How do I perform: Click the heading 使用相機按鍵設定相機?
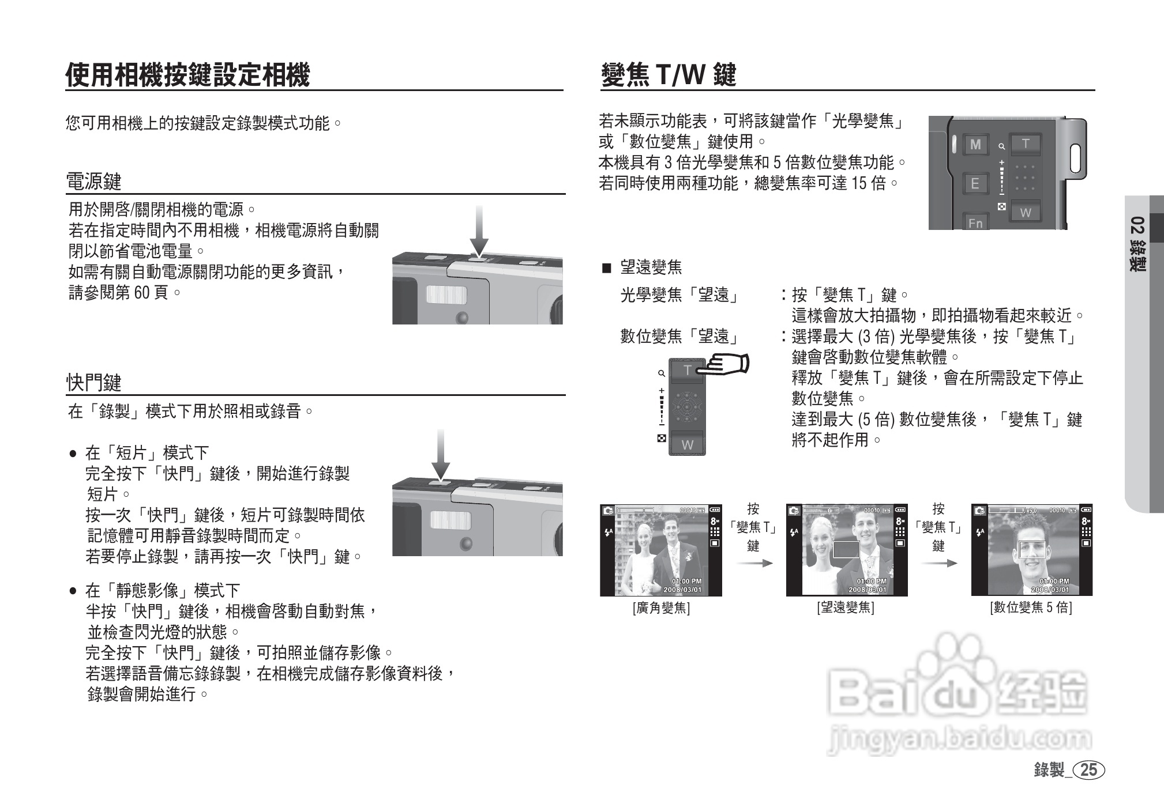[x=187, y=75]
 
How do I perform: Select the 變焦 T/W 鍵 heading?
[x=669, y=75]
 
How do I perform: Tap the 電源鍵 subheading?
[x=94, y=182]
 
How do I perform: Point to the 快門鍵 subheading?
[x=94, y=382]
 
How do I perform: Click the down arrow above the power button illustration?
[x=479, y=231]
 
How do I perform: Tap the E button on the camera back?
[x=975, y=184]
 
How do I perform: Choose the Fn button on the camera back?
[x=975, y=222]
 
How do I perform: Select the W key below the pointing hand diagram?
[x=687, y=445]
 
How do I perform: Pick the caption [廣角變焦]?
[x=661, y=607]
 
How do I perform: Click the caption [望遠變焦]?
[x=846, y=607]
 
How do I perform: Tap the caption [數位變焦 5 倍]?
[x=1031, y=607]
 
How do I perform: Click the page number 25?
[x=1088, y=770]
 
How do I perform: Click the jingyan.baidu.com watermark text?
[x=959, y=739]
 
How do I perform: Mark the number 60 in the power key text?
[x=142, y=293]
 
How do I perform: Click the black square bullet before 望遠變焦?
[x=606, y=267]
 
